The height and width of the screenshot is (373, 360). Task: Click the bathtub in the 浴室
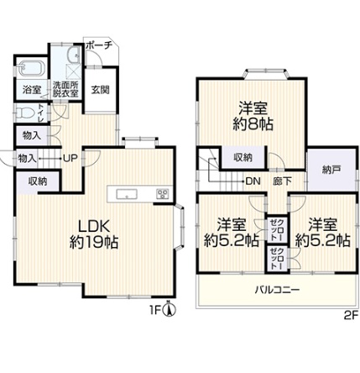coord(32,69)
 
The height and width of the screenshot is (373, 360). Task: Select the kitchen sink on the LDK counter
coord(127,194)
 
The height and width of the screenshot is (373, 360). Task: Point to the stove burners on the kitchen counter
coord(163,194)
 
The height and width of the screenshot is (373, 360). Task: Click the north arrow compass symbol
coord(170,310)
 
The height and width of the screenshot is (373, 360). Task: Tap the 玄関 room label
coord(101,90)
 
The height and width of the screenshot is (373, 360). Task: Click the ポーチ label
coord(99,45)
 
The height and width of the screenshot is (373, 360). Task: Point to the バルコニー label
coord(277,290)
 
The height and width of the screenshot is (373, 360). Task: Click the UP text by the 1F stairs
coord(70,159)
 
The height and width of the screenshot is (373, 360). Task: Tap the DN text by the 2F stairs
coord(253,181)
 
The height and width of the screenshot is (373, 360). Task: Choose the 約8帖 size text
coord(253,124)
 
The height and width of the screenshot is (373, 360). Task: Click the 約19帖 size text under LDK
coord(94,242)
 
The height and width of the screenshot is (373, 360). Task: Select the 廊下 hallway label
coord(282,181)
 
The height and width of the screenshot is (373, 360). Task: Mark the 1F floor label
coord(156,310)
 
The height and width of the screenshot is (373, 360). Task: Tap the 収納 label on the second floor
coord(243,158)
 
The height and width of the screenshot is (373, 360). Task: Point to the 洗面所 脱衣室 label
coord(66,89)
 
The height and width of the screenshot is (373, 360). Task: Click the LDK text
coord(93,226)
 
